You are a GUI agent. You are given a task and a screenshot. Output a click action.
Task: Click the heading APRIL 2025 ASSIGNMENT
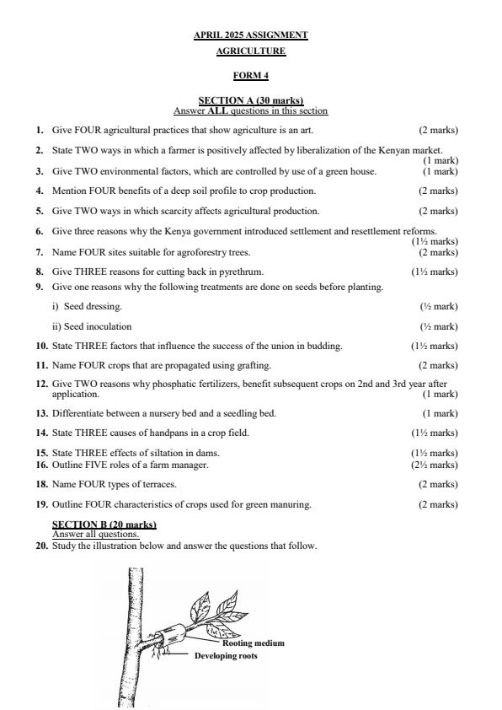coord(250,35)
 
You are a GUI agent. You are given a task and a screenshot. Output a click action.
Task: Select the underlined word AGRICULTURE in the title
coord(250,51)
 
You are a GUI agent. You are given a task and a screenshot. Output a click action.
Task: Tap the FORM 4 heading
coord(250,76)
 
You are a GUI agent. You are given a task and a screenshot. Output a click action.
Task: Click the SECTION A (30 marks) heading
coord(250,101)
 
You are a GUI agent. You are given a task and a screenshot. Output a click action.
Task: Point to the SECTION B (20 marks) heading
coord(104,524)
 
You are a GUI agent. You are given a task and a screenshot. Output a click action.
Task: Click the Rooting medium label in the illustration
coord(253,643)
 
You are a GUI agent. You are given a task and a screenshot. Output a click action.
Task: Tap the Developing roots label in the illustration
coord(226,655)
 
